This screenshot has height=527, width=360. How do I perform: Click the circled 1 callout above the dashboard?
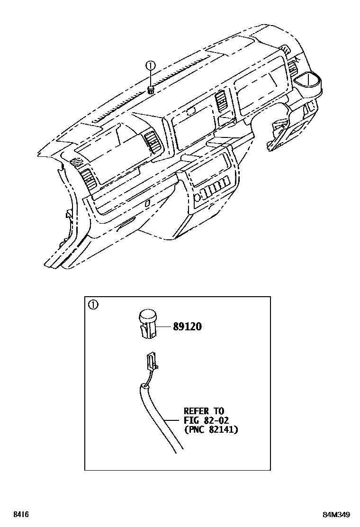coord(150,66)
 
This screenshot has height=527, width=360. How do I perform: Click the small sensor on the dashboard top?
coord(151,90)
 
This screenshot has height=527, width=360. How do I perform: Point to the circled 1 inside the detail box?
coord(93,305)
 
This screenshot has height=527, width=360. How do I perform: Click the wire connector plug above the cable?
coord(151,360)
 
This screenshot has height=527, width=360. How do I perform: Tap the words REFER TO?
coord(204,411)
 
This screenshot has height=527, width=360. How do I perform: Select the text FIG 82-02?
coord(207,420)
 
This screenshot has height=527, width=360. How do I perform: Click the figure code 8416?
coord(20,515)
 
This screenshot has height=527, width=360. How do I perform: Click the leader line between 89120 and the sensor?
coord(163,327)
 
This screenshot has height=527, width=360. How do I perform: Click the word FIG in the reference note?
coord(190,420)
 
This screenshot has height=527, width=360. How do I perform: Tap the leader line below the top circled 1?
coord(150,78)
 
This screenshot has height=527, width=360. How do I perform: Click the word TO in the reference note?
coord(218,411)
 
